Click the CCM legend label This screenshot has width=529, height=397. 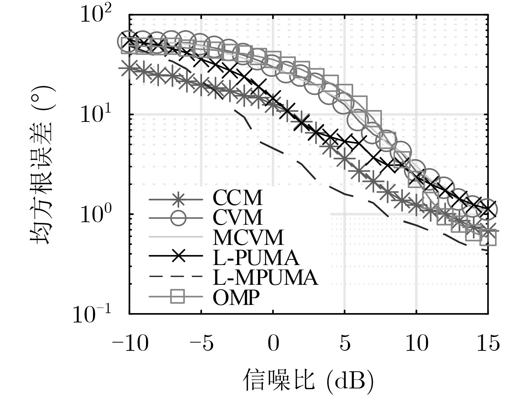237,198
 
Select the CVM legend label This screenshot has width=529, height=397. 237,218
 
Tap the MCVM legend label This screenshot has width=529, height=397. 248,237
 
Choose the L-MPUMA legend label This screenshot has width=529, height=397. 265,277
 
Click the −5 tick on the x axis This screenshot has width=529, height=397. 202,343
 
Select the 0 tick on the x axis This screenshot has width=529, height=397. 273,343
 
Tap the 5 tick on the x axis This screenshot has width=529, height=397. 345,343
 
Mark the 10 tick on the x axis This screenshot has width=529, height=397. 417,343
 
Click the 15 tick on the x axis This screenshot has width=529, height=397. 488,343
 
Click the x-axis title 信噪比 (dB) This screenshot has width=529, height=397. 308,380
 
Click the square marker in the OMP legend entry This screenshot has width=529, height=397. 178,297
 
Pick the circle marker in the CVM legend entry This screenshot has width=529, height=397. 178,218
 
